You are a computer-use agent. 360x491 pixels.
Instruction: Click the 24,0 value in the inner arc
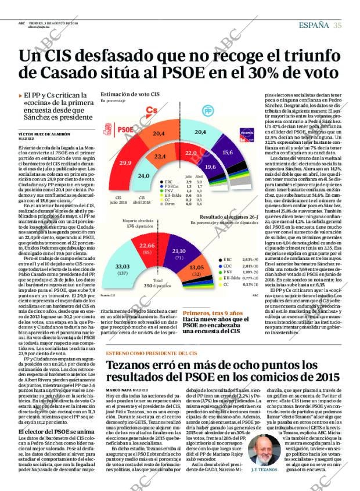143,176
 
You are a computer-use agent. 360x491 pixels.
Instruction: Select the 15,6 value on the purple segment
228,152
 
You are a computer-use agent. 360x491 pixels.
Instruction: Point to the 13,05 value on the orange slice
197,266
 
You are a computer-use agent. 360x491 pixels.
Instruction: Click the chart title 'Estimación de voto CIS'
130,94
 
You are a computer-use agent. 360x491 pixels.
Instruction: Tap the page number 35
337,24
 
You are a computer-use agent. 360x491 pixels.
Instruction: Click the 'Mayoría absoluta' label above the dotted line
138,221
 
